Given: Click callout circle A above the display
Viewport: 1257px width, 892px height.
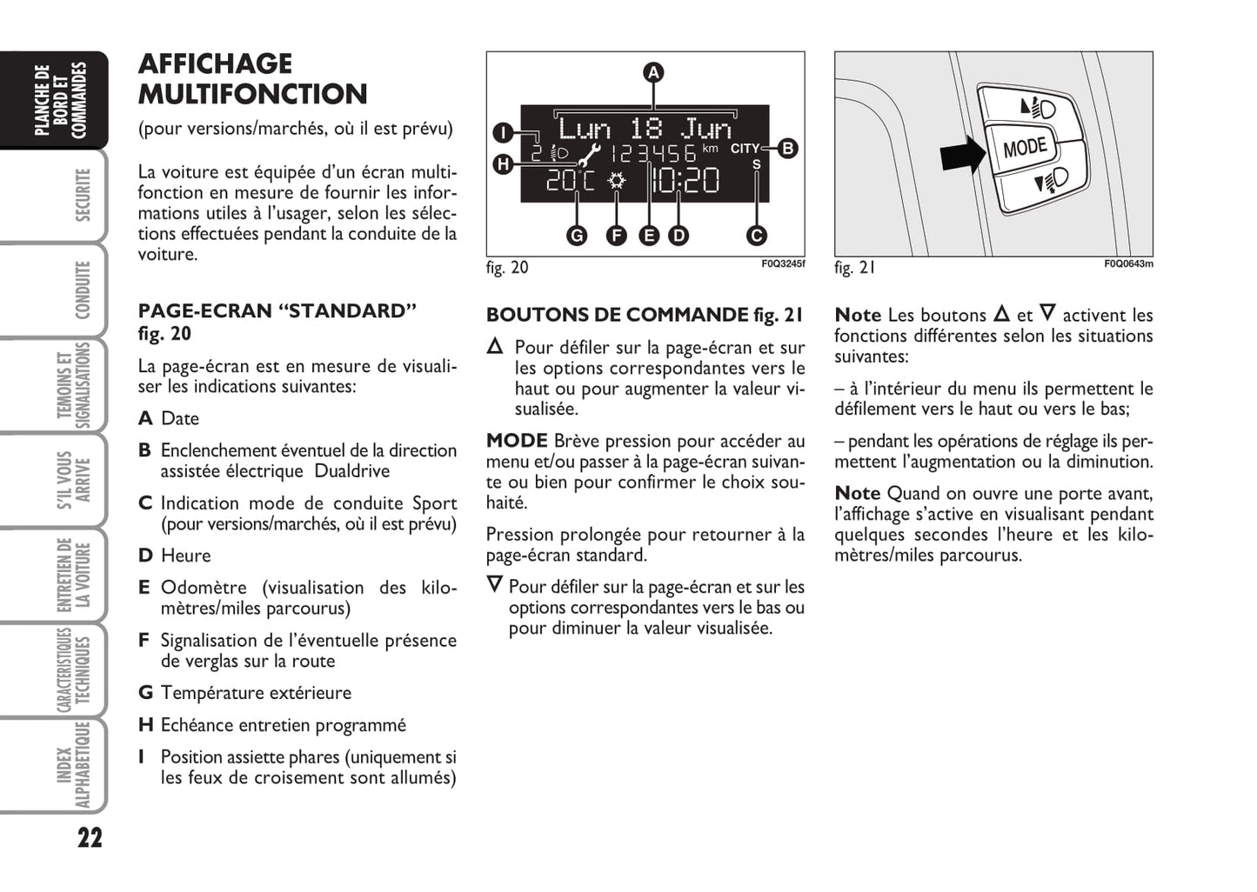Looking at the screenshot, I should pyautogui.click(x=653, y=72).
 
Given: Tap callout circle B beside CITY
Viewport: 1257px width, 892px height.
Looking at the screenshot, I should pyautogui.click(x=788, y=148).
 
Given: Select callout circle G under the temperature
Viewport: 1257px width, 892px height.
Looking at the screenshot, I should pyautogui.click(x=577, y=235).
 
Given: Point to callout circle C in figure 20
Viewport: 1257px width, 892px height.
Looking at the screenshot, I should pyautogui.click(x=756, y=235).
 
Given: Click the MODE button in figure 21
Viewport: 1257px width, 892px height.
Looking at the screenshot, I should pyautogui.click(x=1025, y=147).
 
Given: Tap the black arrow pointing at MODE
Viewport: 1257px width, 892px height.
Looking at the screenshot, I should pyautogui.click(x=963, y=155).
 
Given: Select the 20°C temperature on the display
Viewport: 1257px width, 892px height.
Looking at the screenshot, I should pyautogui.click(x=571, y=182).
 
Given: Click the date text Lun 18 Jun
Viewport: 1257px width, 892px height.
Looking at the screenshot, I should pyautogui.click(x=645, y=129).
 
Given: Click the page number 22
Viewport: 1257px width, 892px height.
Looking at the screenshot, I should pyautogui.click(x=90, y=838).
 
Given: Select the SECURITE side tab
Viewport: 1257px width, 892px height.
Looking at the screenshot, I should pyautogui.click(x=83, y=196).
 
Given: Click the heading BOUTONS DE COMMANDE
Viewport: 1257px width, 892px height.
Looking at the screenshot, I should pyautogui.click(x=617, y=315).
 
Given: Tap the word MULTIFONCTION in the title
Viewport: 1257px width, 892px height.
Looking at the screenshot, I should pyautogui.click(x=252, y=94).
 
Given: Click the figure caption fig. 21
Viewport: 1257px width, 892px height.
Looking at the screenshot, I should pyautogui.click(x=854, y=268).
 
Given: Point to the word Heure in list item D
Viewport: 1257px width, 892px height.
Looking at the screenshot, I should pyautogui.click(x=185, y=556).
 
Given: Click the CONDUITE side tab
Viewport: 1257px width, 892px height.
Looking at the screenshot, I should pyautogui.click(x=83, y=290).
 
